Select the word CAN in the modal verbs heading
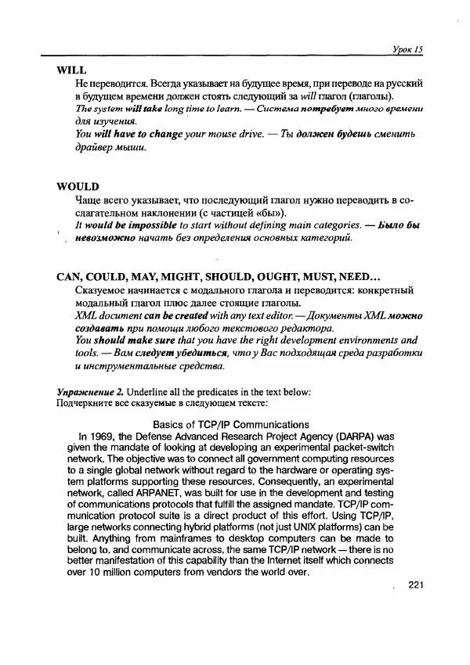tap(71, 277)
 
